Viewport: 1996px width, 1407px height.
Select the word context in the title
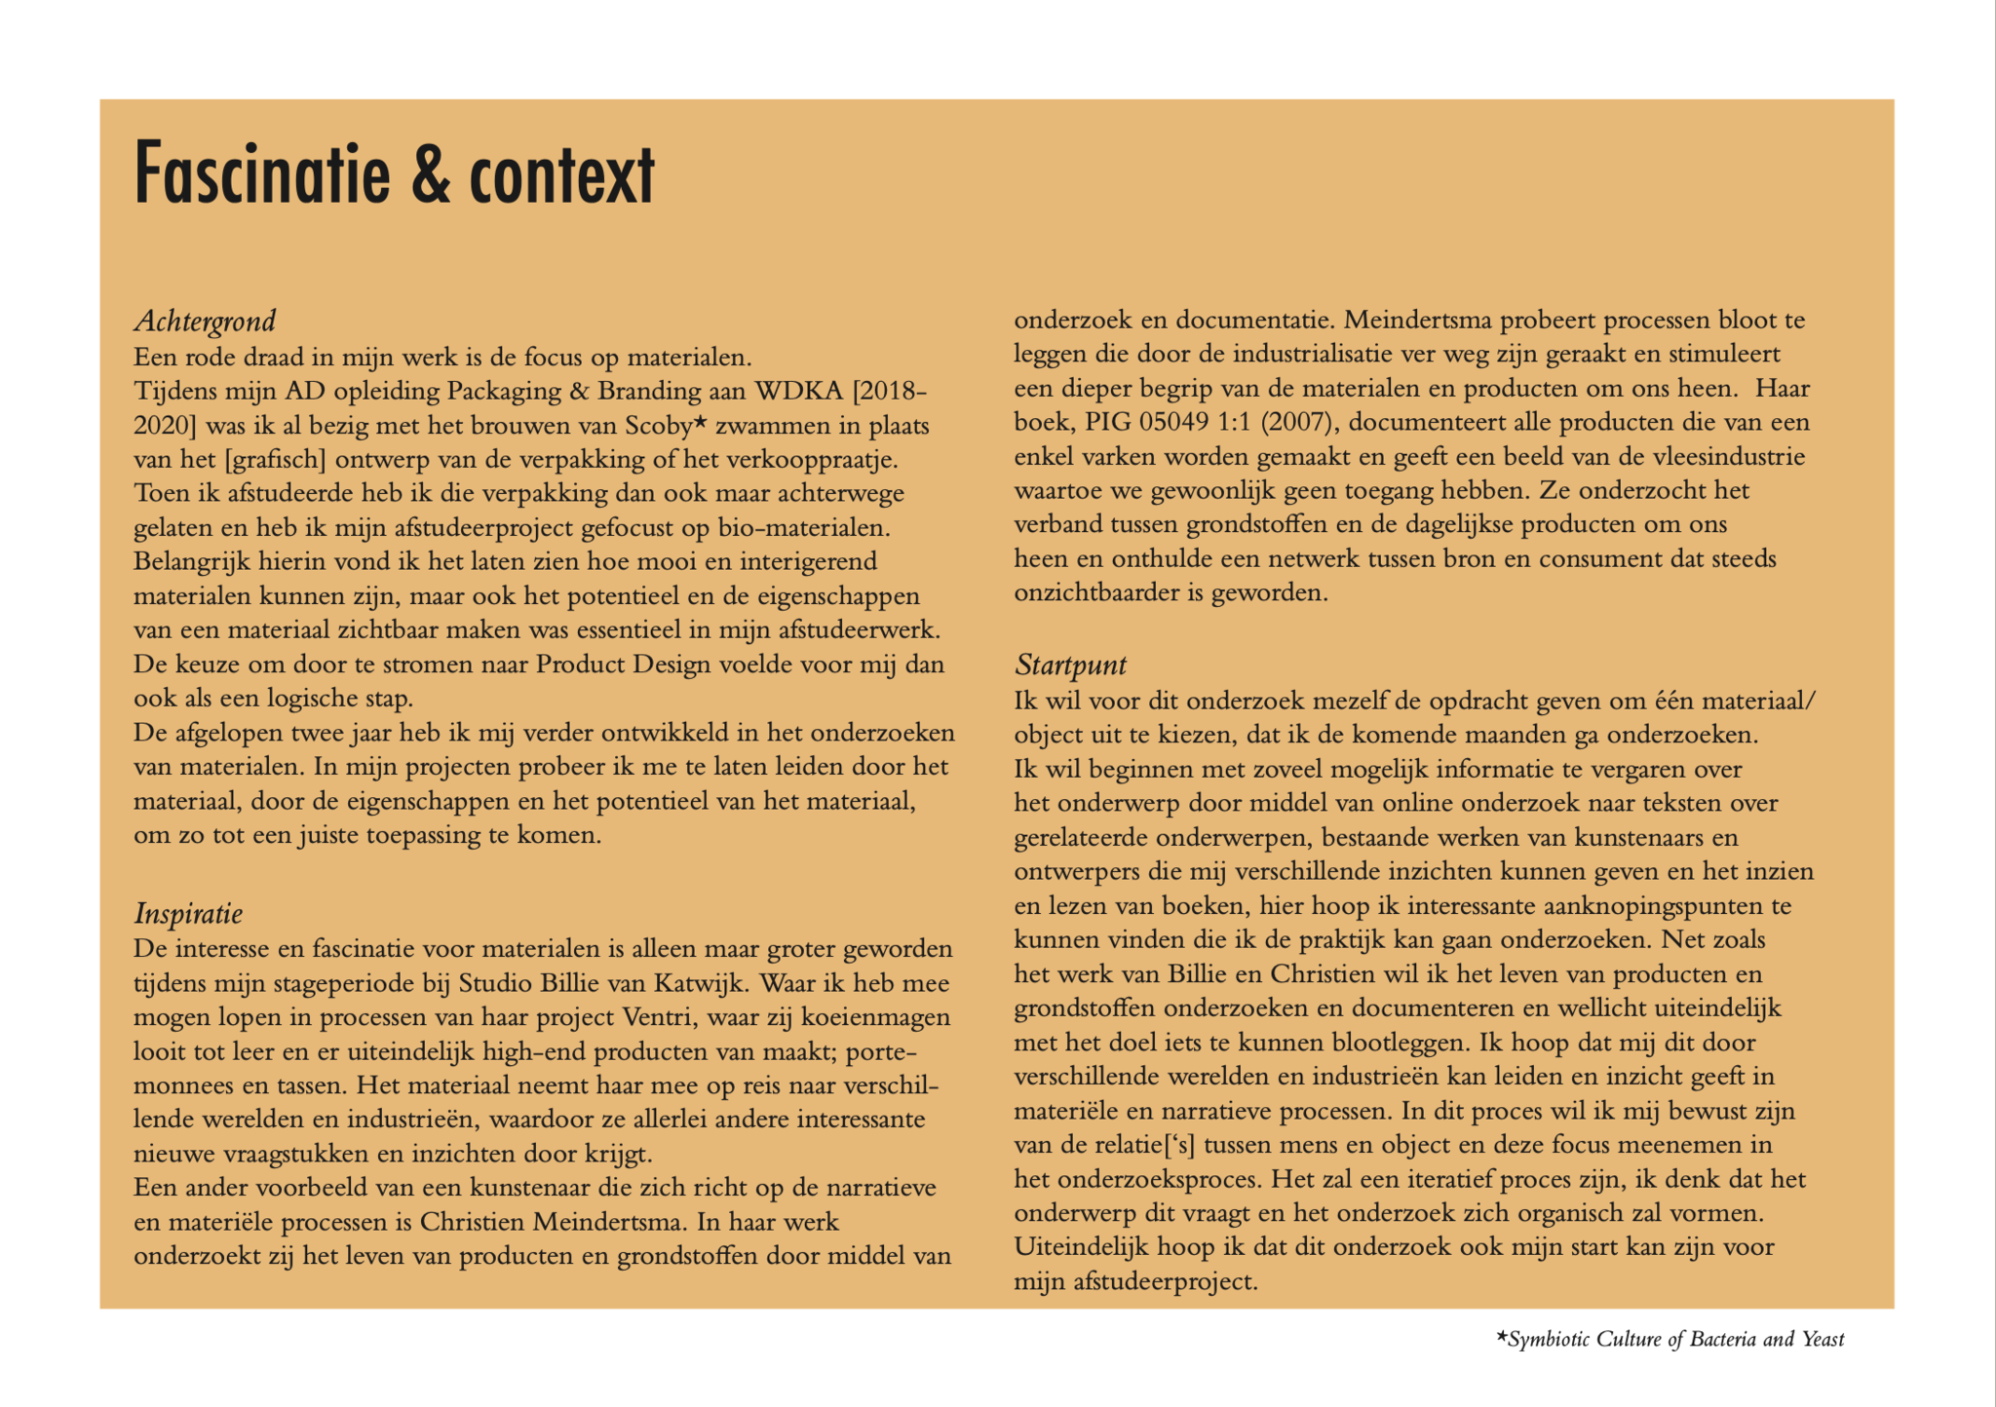(561, 175)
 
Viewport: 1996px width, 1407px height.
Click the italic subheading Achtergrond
(205, 321)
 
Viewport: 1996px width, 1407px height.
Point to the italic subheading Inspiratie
(188, 913)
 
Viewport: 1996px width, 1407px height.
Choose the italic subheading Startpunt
(1070, 665)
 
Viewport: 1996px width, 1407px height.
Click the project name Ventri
(657, 1017)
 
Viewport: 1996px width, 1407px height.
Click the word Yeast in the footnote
(1823, 1340)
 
